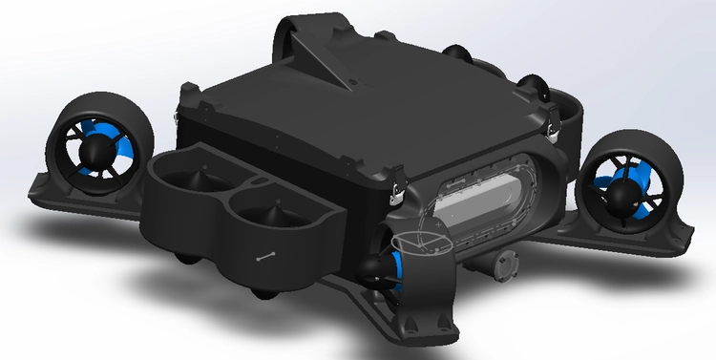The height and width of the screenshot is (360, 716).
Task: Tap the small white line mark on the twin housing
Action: tap(264, 256)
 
